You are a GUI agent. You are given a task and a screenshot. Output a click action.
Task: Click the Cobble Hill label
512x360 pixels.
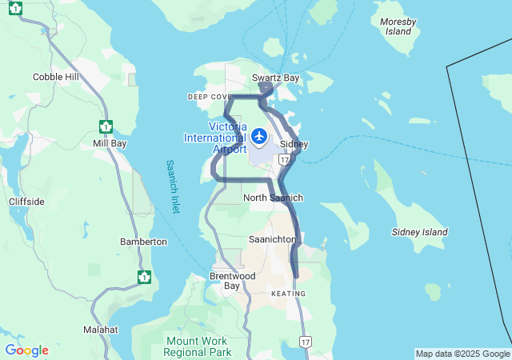(56, 77)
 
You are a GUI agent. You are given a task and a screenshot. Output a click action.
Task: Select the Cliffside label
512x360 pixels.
(26, 202)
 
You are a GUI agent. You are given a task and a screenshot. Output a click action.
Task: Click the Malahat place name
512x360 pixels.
(101, 330)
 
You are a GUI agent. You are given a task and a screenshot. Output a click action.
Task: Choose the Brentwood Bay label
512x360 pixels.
(232, 281)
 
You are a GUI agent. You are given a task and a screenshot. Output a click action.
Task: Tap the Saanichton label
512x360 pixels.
(273, 239)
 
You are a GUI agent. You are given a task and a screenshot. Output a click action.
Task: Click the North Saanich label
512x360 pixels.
(273, 198)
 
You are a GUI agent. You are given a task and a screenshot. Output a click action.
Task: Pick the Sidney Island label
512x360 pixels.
(420, 232)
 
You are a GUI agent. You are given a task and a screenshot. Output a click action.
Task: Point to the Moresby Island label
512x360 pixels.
(398, 26)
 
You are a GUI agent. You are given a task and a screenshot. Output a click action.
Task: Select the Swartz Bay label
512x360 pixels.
(276, 78)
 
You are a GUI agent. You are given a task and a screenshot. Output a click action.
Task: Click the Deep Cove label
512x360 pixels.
(210, 97)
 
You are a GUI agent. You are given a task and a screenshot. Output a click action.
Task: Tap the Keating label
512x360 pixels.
(288, 294)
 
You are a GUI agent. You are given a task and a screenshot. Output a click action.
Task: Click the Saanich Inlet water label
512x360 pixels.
(173, 186)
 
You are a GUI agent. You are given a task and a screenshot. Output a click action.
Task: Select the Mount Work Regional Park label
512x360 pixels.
(198, 346)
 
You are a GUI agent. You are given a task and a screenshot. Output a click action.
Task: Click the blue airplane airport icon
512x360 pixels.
(259, 136)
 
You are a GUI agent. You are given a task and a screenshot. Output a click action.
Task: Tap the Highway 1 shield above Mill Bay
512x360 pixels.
(106, 126)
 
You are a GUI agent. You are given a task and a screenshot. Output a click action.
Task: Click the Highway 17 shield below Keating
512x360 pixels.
(305, 342)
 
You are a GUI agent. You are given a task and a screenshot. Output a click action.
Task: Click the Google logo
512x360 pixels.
(26, 350)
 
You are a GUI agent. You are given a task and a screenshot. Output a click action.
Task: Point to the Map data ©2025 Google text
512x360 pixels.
(462, 354)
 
